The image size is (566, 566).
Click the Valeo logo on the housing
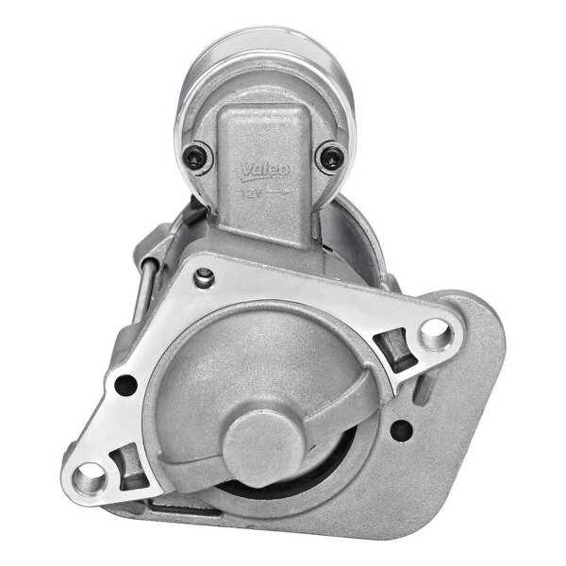258,170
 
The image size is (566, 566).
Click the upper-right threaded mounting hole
432,329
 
